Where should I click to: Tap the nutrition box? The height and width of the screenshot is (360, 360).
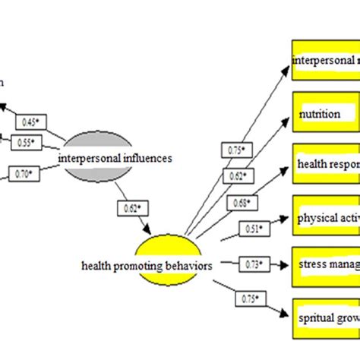coord(326,114)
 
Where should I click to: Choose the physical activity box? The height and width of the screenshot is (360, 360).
coord(326,219)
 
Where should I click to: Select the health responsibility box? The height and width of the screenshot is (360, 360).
coord(326,166)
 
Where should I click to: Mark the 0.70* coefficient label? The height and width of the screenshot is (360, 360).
coord(25,174)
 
